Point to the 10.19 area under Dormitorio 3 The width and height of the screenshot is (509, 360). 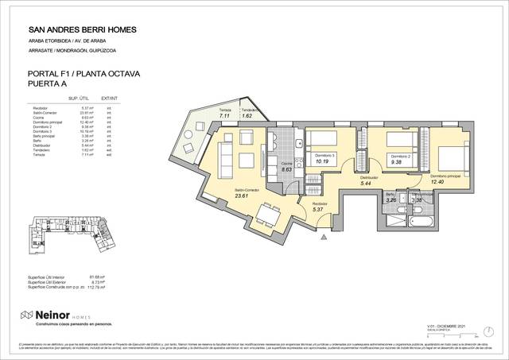(322, 161)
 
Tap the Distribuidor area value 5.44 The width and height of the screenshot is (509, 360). (367, 184)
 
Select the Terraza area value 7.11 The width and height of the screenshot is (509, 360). (225, 116)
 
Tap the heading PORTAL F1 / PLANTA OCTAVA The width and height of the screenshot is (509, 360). (83, 74)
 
